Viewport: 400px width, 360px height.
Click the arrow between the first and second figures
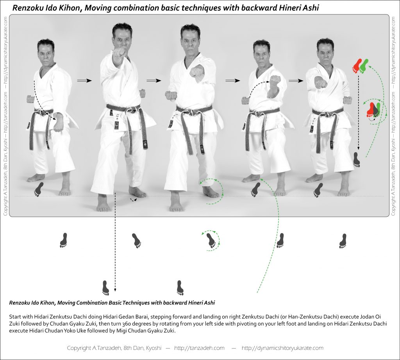pyautogui.click(x=84, y=80)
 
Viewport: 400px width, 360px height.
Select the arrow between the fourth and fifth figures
pyautogui.click(x=296, y=81)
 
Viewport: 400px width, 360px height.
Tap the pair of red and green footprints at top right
pyautogui.click(x=361, y=66)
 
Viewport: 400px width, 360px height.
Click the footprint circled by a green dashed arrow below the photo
pyautogui.click(x=211, y=241)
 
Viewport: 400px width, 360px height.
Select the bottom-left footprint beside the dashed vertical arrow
pyautogui.click(x=105, y=288)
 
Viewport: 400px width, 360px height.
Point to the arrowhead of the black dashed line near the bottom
pyautogui.click(x=115, y=289)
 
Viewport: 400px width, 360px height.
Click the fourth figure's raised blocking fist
pyautogui.click(x=275, y=80)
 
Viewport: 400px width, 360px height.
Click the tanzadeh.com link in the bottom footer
pyautogui.click(x=199, y=348)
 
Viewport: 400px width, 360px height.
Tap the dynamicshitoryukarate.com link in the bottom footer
pyautogui.click(x=282, y=348)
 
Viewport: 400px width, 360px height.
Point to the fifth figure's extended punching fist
pyautogui.click(x=321, y=82)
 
